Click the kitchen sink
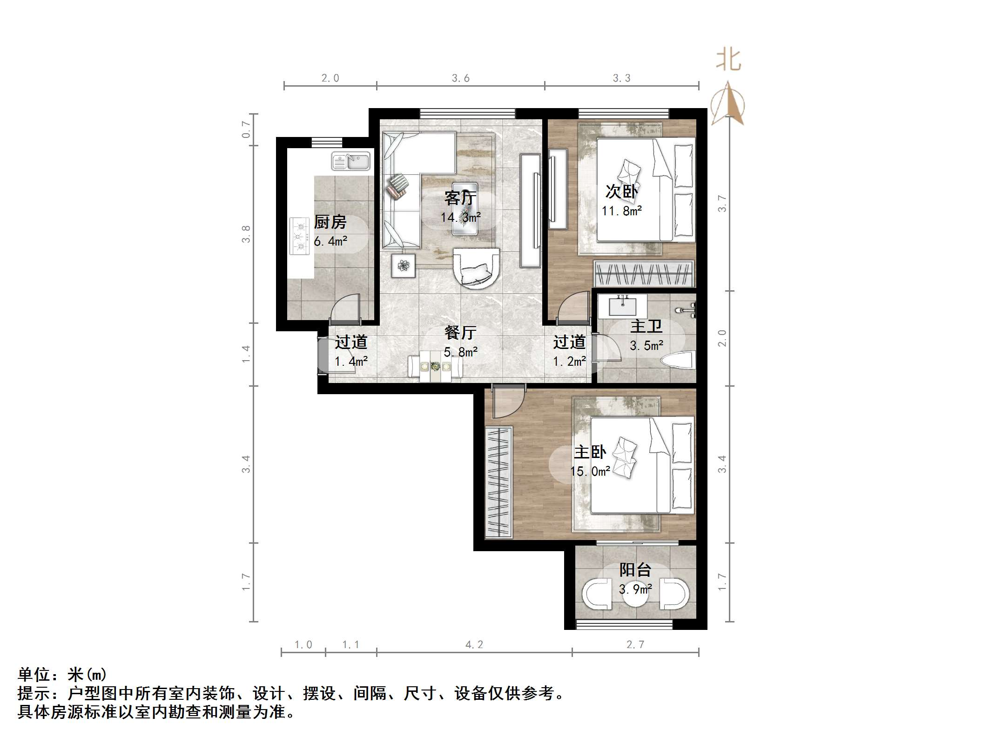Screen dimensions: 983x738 350,161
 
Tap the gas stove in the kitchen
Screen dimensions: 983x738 300,236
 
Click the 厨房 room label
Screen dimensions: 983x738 330,222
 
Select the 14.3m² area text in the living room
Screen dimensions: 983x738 461,217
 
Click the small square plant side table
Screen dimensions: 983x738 403,266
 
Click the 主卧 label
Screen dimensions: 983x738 590,452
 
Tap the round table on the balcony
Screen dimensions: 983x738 636,593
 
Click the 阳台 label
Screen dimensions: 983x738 635,570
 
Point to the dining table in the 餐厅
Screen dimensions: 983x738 435,367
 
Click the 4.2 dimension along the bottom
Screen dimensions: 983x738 474,645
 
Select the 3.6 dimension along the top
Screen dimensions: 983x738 461,78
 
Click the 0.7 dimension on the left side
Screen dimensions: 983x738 246,129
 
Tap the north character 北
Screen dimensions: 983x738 728,60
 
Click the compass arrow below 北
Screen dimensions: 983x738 728,103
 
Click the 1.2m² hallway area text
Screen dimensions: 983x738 569,361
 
